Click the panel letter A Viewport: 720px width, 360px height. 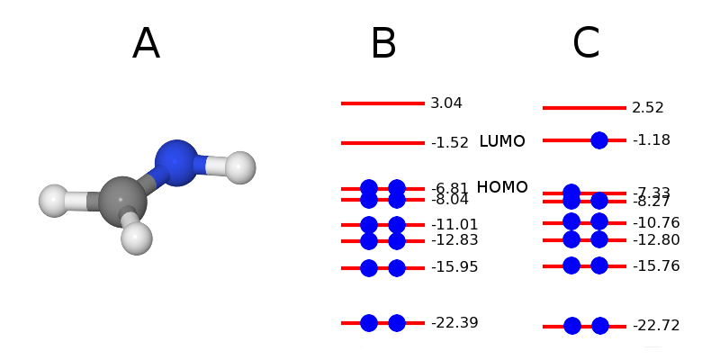point(146,44)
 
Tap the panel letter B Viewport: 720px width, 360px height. point(383,44)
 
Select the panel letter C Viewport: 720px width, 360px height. point(586,44)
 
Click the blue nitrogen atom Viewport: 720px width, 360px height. point(176,163)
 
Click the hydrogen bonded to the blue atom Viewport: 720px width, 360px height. point(240,167)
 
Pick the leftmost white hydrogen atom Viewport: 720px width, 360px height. point(54,201)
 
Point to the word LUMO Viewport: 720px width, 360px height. point(502,142)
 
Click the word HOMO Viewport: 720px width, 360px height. point(502,187)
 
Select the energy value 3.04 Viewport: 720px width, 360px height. point(446,103)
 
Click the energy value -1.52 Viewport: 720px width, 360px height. point(450,143)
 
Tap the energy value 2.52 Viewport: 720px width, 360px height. point(648,108)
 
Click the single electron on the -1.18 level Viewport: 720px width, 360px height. point(599,140)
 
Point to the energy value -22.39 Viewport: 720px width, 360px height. point(454,323)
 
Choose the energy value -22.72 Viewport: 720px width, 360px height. point(656,326)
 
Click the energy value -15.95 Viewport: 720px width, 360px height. point(454,267)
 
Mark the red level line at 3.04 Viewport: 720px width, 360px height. point(382,103)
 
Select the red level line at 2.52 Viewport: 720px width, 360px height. point(584,108)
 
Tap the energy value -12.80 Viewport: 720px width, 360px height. point(656,240)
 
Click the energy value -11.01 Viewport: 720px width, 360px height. point(454,225)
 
